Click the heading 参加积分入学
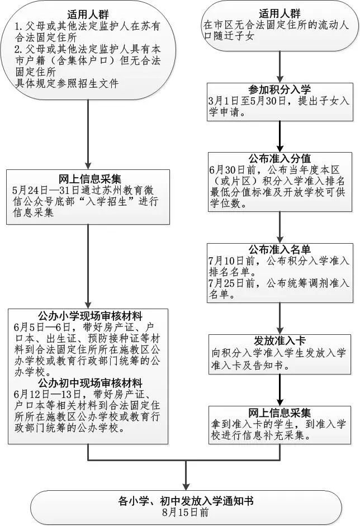[280, 90]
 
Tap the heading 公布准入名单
[280, 250]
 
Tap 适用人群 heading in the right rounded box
[280, 13]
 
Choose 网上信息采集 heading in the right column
[280, 414]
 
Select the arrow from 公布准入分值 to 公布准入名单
[280, 226]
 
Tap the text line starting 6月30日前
[278, 169]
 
